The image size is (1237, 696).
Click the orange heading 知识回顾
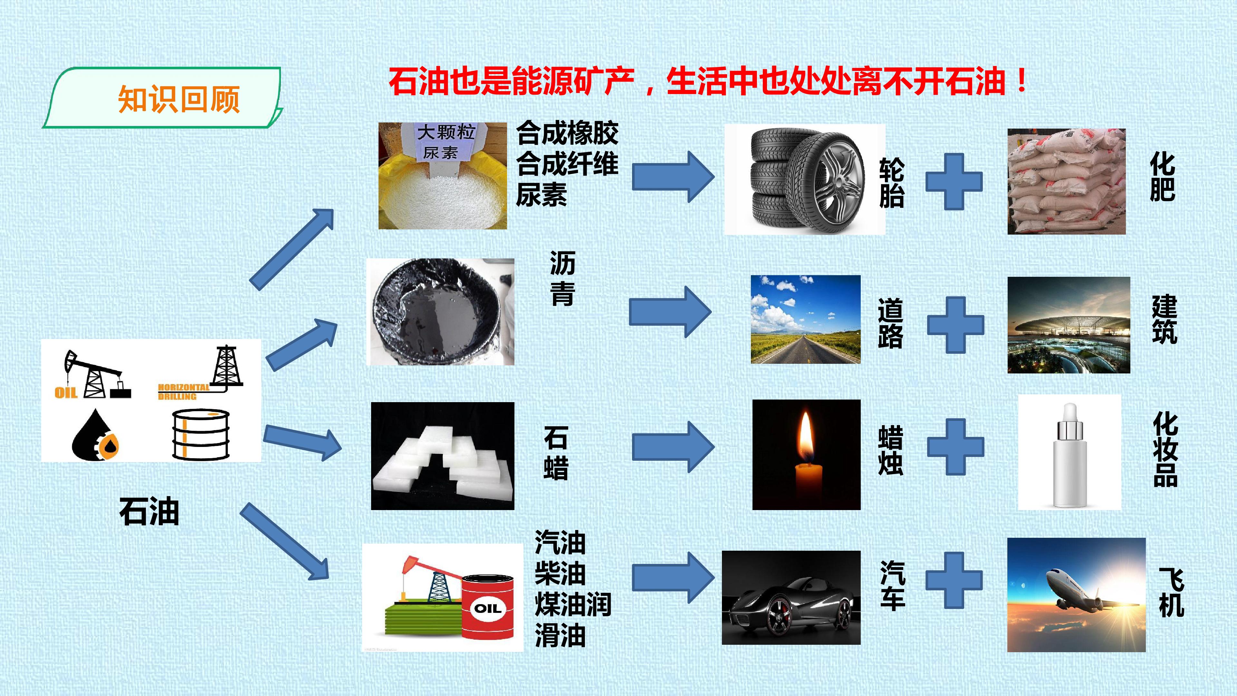[179, 99]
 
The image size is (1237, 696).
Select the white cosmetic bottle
[1069, 455]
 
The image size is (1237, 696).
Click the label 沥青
[562, 278]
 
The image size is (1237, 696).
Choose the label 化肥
[1163, 177]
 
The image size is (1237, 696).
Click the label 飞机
[1171, 592]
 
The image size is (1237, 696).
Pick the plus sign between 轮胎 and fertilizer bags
[954, 181]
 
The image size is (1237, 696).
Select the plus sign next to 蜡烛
[955, 447]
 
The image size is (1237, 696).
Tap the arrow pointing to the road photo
[670, 312]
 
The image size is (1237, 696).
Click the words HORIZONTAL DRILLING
[184, 391]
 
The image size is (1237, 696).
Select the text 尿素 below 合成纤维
[542, 195]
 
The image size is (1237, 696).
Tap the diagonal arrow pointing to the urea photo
[292, 250]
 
